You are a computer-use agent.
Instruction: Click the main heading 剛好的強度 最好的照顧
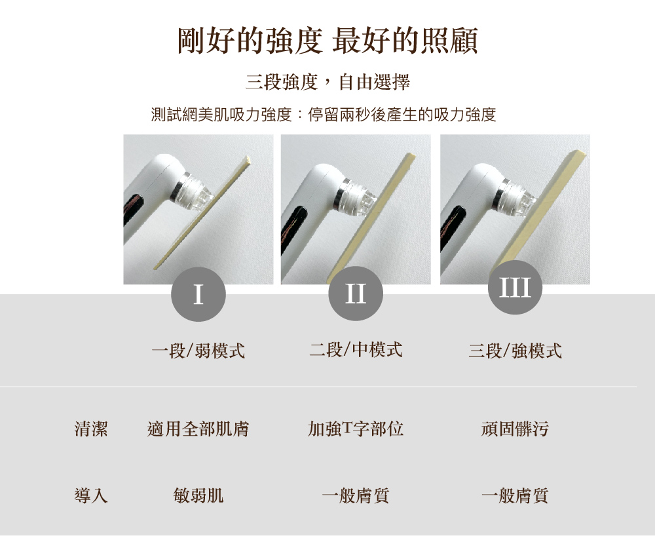[x=327, y=41]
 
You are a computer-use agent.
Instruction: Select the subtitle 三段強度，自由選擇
[x=327, y=81]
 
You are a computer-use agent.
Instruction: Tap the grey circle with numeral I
[x=198, y=294]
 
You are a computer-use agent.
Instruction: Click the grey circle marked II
[x=356, y=294]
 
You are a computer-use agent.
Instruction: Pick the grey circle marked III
[x=515, y=288]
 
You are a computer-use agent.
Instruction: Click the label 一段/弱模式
[x=198, y=350]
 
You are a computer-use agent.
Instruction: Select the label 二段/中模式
[x=356, y=350]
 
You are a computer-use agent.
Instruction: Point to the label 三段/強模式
[x=515, y=351]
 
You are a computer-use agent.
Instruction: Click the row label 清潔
[x=91, y=429]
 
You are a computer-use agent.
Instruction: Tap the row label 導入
[x=91, y=495]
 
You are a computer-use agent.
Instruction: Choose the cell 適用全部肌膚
[x=198, y=429]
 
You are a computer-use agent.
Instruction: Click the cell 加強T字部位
[x=356, y=429]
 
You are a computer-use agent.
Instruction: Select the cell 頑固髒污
[x=515, y=429]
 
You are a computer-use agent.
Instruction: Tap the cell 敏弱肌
[x=198, y=496]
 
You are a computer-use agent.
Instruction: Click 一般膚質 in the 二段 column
[x=356, y=496]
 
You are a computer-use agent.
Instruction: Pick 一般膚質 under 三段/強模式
[x=515, y=496]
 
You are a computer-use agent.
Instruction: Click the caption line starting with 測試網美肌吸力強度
[x=324, y=115]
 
